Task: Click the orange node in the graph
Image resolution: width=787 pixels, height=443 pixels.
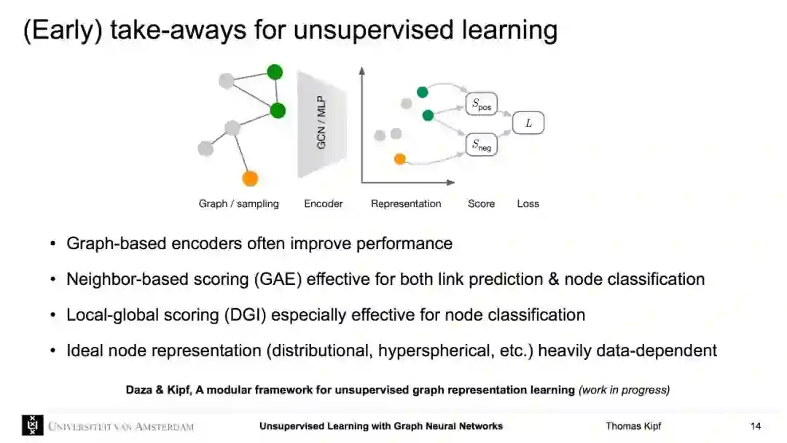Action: pos(250,178)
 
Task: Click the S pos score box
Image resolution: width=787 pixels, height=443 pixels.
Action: pos(481,105)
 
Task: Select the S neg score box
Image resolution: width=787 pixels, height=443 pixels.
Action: pos(481,145)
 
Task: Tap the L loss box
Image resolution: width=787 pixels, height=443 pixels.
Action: pos(528,123)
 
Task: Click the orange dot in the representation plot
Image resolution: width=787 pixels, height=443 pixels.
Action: pos(399,158)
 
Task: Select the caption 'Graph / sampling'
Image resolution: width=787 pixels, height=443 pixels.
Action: pos(239,204)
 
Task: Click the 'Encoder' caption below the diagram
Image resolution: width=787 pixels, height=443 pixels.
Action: pos(324,204)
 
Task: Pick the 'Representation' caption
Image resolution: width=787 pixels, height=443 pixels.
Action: pos(406,204)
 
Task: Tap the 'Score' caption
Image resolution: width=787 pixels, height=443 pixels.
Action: pos(481,204)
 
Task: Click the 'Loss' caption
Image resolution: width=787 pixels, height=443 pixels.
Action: pos(528,204)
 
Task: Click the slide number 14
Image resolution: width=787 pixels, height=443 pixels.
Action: pos(756,426)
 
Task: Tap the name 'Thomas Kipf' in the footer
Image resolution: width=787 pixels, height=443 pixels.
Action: pos(633,426)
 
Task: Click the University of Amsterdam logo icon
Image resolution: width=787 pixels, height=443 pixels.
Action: pos(32,426)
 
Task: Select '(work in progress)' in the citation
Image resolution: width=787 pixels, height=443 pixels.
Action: pos(624,390)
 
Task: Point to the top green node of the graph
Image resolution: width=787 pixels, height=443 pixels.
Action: pos(275,71)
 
